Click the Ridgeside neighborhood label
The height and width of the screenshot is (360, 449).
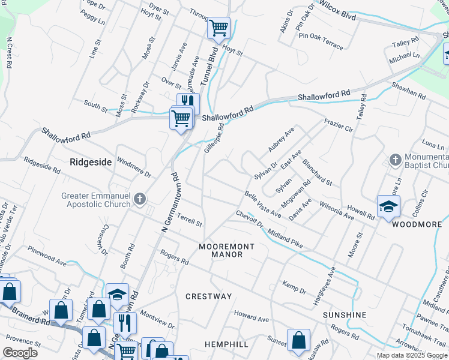pos(91,161)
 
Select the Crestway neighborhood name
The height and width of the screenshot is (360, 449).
pos(208,296)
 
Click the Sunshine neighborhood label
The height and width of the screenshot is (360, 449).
pos(344,315)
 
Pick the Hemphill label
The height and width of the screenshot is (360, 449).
pos(226,344)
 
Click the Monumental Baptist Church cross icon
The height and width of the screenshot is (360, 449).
pos(395,160)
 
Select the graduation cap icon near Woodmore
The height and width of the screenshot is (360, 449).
pos(388,206)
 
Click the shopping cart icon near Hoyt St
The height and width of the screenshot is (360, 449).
pos(218,27)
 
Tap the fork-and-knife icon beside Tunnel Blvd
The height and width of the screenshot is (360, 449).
pos(188,102)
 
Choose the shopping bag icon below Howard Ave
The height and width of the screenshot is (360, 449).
pos(298,340)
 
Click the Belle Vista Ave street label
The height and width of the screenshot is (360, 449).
pos(262,204)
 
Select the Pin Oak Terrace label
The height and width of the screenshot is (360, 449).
pos(321,41)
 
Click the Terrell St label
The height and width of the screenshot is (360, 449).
pos(190,221)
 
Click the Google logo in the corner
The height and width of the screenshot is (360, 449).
pos(20,353)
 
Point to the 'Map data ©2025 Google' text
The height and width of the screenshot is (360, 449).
pos(411,355)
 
